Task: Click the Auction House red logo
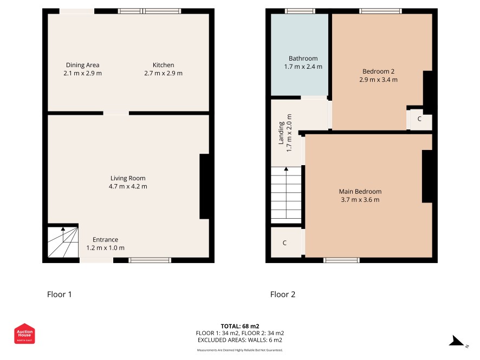click(x=24, y=333)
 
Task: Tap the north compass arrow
click(x=457, y=341)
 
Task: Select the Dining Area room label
click(x=83, y=65)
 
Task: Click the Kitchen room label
click(x=164, y=65)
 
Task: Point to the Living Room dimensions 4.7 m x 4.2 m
click(x=128, y=186)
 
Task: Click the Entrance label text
click(x=105, y=239)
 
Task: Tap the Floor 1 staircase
click(x=63, y=241)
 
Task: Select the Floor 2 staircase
click(x=286, y=195)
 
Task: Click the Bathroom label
click(x=303, y=58)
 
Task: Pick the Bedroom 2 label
click(x=378, y=71)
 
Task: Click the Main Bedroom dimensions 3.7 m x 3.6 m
click(x=360, y=200)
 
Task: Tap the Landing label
click(x=281, y=133)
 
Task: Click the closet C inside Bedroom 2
click(x=419, y=119)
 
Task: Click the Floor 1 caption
click(x=60, y=294)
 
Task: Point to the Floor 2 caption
click(x=283, y=294)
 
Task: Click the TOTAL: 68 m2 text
click(x=240, y=326)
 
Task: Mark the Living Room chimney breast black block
click(x=204, y=186)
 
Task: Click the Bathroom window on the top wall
click(x=300, y=11)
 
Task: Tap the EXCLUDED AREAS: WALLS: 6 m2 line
click(x=240, y=340)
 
